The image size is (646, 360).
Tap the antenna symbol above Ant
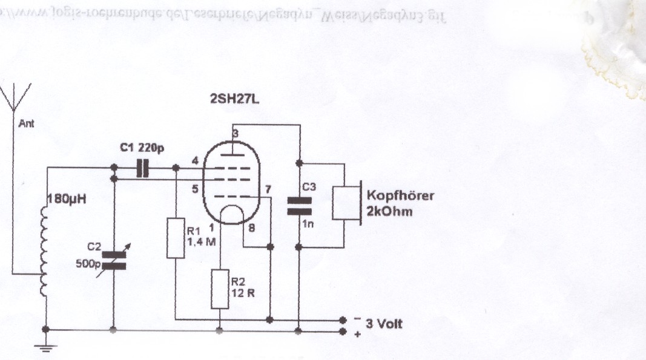click(14, 100)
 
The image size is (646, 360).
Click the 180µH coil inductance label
click(68, 197)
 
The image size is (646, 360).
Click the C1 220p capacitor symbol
click(143, 168)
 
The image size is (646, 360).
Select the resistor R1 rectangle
click(176, 238)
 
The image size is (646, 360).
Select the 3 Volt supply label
click(382, 324)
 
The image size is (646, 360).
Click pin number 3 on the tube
click(236, 134)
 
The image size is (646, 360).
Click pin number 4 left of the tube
click(194, 161)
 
